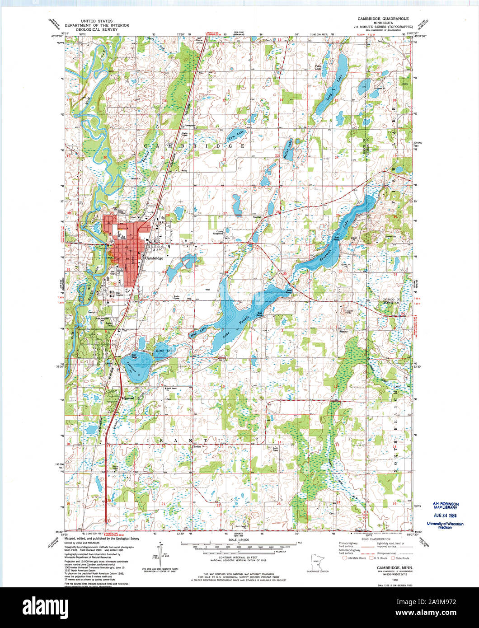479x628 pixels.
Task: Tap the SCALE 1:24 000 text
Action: pyautogui.click(x=239, y=540)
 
